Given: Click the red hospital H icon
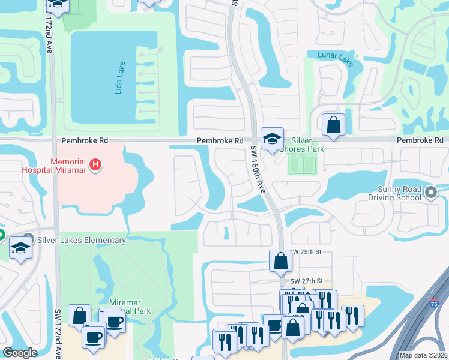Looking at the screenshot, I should [94, 164].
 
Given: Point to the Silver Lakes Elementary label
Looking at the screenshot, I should [82, 240].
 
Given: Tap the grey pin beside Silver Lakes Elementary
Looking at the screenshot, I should [28, 239].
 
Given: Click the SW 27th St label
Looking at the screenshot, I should [306, 281].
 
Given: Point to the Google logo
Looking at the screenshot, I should [20, 353].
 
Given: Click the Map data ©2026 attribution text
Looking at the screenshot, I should [423, 355].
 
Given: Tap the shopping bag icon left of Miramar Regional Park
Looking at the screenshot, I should [80, 314].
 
